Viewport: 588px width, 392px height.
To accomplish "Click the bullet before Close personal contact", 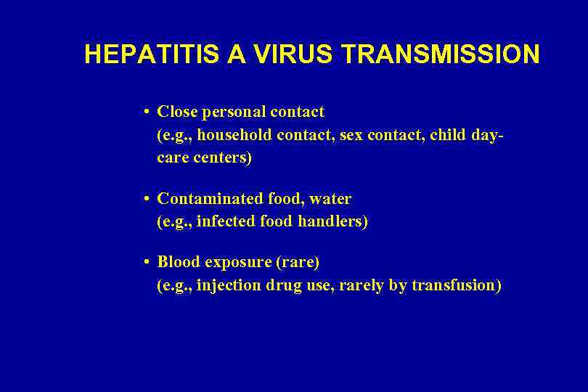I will [x=147, y=113].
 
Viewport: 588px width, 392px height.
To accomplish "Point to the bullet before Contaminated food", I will [x=147, y=199].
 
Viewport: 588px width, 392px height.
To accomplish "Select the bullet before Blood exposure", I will [x=147, y=261].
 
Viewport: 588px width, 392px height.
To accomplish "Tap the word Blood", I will [x=179, y=261].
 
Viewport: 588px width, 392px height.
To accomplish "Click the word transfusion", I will [x=456, y=285].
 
